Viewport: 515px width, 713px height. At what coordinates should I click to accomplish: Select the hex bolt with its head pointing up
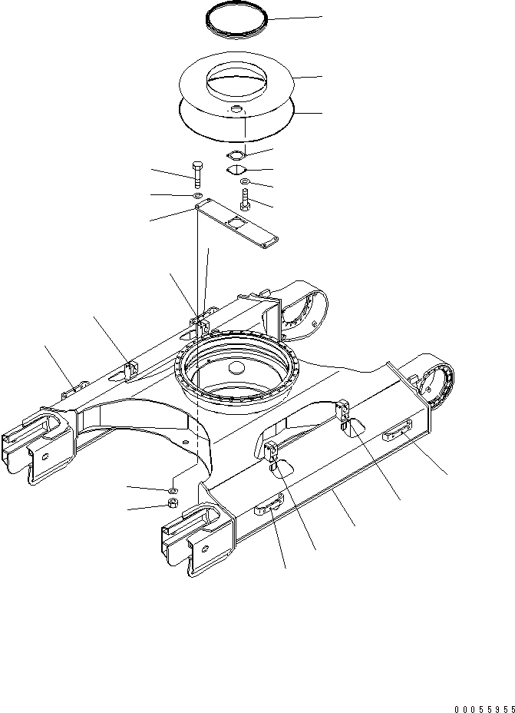196,174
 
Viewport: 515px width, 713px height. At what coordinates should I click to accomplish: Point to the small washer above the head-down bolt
244,182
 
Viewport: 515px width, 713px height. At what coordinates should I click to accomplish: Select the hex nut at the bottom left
173,504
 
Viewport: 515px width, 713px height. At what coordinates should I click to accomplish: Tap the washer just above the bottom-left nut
173,489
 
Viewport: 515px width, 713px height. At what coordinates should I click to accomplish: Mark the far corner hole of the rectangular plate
266,246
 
